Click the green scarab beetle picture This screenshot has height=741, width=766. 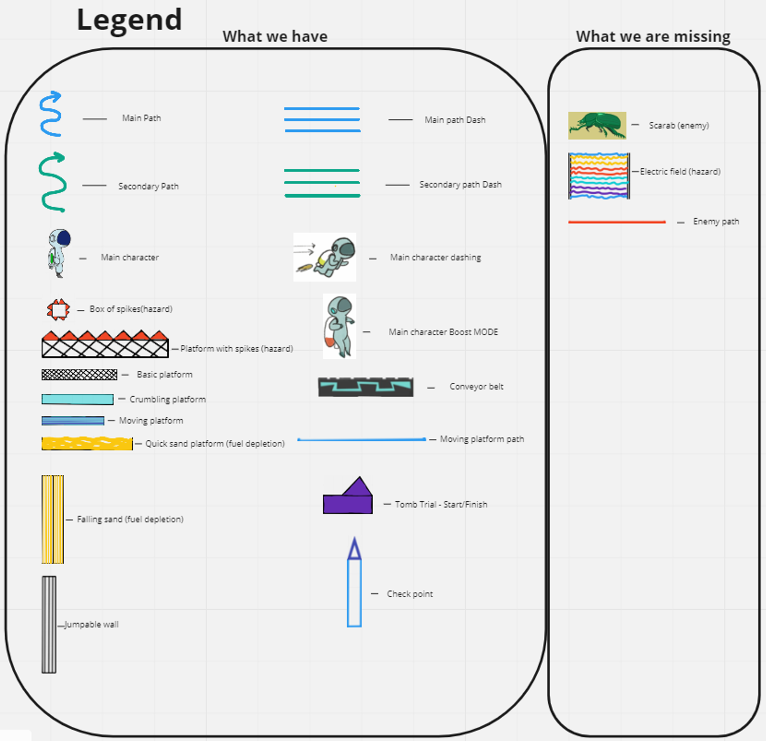pos(597,126)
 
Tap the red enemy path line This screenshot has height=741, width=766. pos(617,222)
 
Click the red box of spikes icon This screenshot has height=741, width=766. pos(58,310)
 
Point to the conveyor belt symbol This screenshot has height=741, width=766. pos(366,387)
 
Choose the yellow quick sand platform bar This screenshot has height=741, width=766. pos(87,443)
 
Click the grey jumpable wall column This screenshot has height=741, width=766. pos(49,624)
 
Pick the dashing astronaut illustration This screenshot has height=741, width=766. pos(325,257)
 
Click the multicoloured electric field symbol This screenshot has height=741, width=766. pos(599,176)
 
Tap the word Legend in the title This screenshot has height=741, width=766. pos(129,19)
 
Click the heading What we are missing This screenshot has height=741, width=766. pos(653,36)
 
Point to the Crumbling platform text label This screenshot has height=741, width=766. pos(168,399)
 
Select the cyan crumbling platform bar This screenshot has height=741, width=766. pos(77,399)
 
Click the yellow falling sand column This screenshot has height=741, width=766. pos(52,519)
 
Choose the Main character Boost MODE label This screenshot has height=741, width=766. pos(443,332)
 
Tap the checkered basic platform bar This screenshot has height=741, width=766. pos(79,375)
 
